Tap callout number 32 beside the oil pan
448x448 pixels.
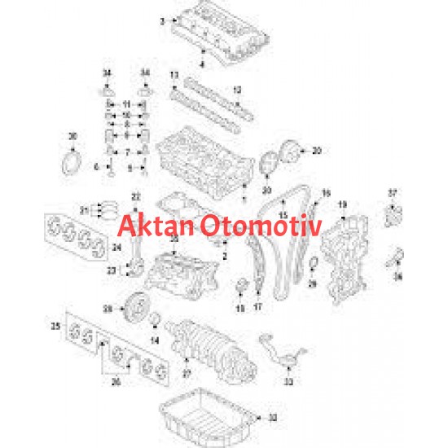(x=273, y=418)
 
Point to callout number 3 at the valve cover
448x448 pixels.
(x=161, y=20)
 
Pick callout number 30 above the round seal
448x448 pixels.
(x=72, y=134)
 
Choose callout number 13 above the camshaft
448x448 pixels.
(x=173, y=75)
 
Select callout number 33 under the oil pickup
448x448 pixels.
(x=288, y=380)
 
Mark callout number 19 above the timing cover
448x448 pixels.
(x=342, y=203)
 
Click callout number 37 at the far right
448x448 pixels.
(x=392, y=192)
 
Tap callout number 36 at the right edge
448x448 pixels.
(x=398, y=276)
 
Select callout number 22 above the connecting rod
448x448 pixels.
(x=136, y=195)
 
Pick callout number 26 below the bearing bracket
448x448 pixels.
(x=114, y=380)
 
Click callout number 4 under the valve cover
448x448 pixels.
(x=203, y=62)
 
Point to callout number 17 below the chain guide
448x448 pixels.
(x=258, y=308)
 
